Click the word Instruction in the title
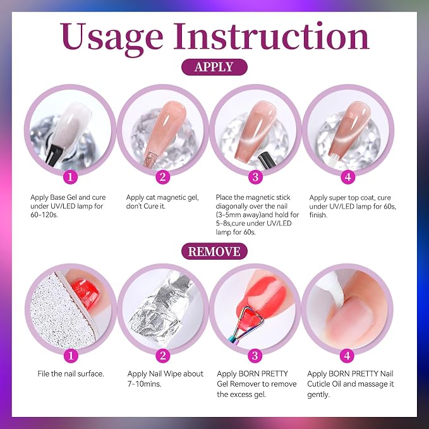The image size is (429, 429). (x=271, y=36)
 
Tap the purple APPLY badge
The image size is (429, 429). (x=214, y=67)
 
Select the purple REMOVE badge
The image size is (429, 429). (x=214, y=251)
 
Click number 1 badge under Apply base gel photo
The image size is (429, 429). (x=70, y=177)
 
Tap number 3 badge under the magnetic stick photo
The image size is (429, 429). (x=255, y=177)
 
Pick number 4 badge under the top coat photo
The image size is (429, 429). (x=348, y=177)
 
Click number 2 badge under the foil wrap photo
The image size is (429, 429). (x=163, y=356)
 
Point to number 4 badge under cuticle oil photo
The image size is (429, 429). (x=347, y=356)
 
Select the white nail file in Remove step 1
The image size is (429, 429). (x=63, y=312)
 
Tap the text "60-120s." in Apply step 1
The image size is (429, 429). (x=44, y=215)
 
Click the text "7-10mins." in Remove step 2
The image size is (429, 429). (x=144, y=384)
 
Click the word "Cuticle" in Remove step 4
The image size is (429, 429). (x=318, y=384)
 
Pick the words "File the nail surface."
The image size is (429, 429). (x=71, y=373)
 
